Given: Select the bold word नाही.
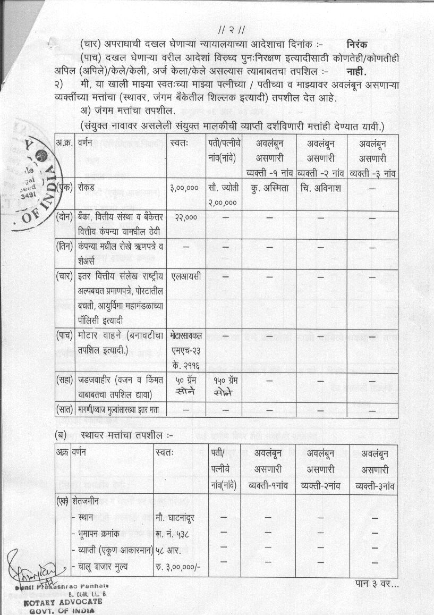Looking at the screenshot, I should (357, 71).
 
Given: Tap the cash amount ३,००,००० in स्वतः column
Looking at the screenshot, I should (185, 188).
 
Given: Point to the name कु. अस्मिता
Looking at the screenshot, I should (269, 188).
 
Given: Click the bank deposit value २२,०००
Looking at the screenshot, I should (184, 217).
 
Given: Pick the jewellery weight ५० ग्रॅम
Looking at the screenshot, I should (186, 381).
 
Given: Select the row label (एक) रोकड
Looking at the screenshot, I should (79, 188).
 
